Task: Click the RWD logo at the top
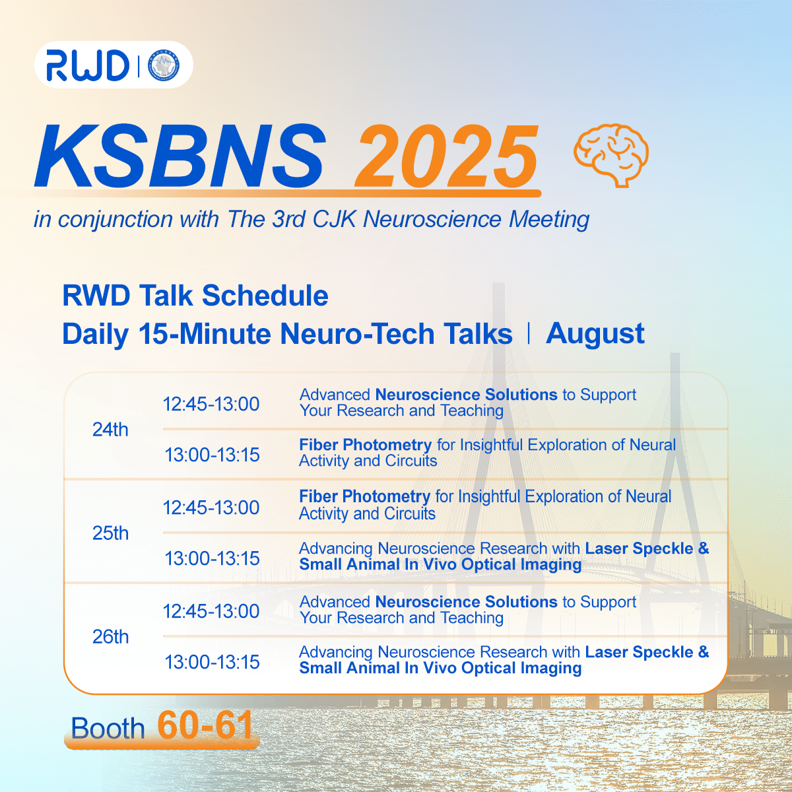click(x=88, y=65)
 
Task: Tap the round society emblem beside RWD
click(x=164, y=65)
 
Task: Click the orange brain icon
click(x=610, y=155)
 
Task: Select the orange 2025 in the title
click(x=446, y=155)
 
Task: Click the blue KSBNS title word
click(x=180, y=155)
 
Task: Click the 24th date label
click(x=110, y=430)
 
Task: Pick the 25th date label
click(x=110, y=533)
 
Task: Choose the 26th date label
click(x=110, y=637)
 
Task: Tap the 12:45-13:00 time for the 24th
click(x=211, y=404)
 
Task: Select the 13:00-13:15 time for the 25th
click(x=212, y=558)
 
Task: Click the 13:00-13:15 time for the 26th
click(x=212, y=662)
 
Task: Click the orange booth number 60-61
click(x=205, y=725)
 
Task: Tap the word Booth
click(x=108, y=728)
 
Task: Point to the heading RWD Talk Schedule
click(x=195, y=296)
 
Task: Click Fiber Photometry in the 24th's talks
click(x=366, y=445)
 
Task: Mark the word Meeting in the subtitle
click(x=549, y=220)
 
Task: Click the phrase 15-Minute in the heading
click(x=205, y=333)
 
